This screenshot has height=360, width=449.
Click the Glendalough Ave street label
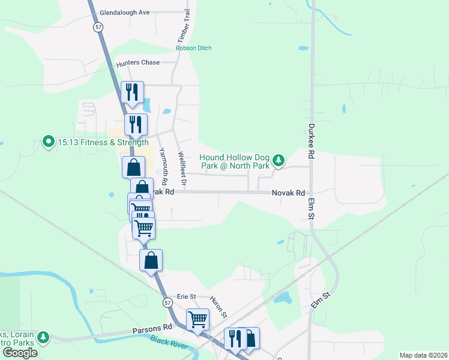[x=124, y=12]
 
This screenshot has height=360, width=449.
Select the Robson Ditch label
[x=193, y=48]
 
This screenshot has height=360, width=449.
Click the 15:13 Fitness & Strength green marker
[x=48, y=142]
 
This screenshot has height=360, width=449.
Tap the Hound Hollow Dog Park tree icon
[x=278, y=160]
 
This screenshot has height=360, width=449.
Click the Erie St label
[x=187, y=296]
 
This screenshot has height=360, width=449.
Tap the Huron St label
[x=219, y=306]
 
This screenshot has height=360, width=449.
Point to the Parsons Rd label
[x=152, y=328]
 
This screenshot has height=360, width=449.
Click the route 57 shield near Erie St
[x=167, y=304]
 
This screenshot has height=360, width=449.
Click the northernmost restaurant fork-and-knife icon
[x=132, y=92]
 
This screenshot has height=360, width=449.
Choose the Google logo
[x=20, y=353]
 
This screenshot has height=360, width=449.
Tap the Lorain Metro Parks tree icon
[x=43, y=338]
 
